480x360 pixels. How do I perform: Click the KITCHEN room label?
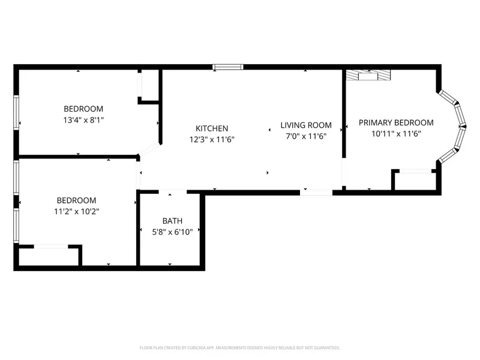coord(212,128)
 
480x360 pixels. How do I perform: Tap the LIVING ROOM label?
coord(306,125)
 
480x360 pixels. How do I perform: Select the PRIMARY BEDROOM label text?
coord(396,123)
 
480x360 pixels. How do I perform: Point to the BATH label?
coord(172,221)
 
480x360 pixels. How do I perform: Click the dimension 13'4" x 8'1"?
coord(83,119)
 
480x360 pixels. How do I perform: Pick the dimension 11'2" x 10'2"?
coord(77,211)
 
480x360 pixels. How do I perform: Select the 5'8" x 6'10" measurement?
coord(172,232)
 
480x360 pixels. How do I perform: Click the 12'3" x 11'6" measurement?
coord(212,140)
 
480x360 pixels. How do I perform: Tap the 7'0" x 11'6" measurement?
coord(306,136)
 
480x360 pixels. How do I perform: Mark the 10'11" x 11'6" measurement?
coord(396,134)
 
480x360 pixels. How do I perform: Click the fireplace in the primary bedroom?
coord(368,75)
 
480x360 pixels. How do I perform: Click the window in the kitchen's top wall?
coord(228,67)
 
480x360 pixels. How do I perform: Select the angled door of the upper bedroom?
coord(149,149)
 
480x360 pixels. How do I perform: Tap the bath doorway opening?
coord(173,192)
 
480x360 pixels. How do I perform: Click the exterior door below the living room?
coord(316,193)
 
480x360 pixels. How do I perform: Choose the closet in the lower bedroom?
coord(49,256)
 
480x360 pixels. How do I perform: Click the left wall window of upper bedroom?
coord(16,112)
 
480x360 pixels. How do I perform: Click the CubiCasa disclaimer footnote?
coord(239,348)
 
